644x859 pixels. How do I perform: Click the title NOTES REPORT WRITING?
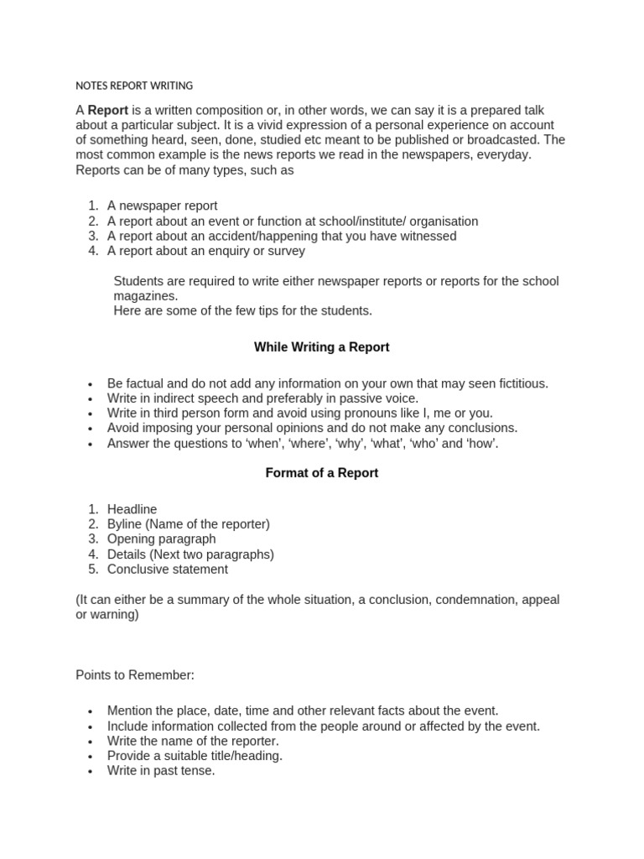pos(134,86)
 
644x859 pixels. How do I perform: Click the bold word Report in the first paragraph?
pos(107,110)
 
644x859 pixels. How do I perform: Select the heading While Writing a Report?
pos(321,347)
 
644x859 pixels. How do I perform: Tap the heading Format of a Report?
pos(321,473)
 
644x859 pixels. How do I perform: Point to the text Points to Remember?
pos(134,674)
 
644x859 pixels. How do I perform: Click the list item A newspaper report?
pos(162,206)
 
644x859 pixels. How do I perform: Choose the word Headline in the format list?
pos(132,509)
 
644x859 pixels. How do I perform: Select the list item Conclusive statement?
pos(167,570)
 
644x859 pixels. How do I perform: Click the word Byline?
pos(125,524)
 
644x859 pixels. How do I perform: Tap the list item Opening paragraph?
pos(161,539)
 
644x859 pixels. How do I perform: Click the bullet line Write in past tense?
pos(161,771)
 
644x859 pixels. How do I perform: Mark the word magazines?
pos(145,296)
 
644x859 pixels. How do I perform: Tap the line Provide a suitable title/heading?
pos(195,756)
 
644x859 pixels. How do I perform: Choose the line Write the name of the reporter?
pos(193,741)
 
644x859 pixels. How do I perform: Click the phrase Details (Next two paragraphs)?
pos(190,554)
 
